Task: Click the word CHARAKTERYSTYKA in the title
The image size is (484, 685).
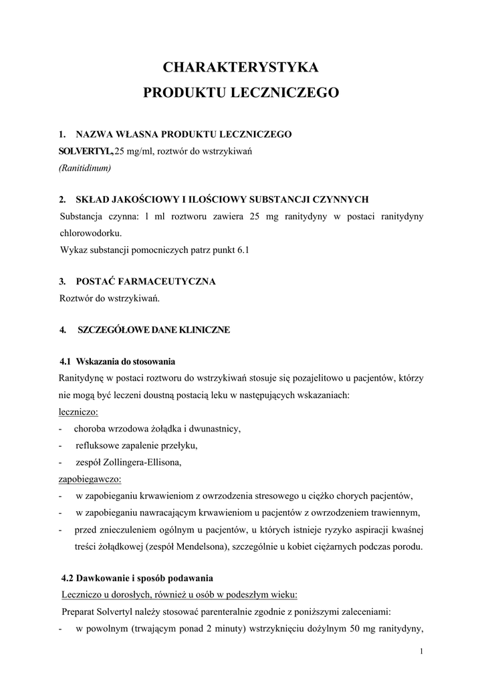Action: tap(241, 67)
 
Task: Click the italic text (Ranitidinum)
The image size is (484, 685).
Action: tap(85, 169)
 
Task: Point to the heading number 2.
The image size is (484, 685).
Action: tap(62, 199)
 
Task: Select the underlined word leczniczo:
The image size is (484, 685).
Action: tap(79, 412)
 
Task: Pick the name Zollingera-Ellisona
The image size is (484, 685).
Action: tap(145, 462)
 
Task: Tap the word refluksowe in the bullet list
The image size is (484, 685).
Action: tap(98, 446)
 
